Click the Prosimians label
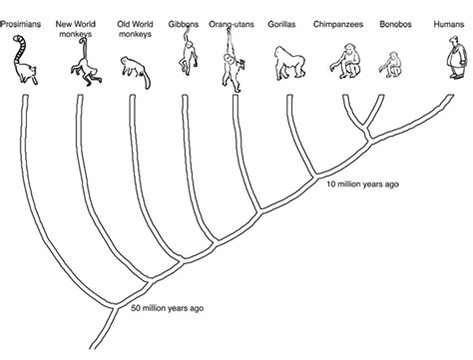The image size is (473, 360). tap(21, 24)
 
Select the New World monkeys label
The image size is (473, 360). tap(76, 29)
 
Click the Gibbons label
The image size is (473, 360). tap(184, 24)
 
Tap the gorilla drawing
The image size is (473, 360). tap(289, 63)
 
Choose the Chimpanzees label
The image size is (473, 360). tap(338, 24)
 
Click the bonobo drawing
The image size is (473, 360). tap(391, 65)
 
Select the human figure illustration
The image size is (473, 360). tap(456, 57)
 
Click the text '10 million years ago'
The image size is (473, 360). tap(362, 184)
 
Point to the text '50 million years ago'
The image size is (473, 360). tap(167, 308)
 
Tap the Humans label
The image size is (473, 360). tap(449, 24)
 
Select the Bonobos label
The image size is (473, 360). tap(395, 24)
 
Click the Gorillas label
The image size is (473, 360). tap(281, 24)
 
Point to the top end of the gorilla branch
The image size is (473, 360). tap(289, 96)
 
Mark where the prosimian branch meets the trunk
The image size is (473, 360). tap(115, 306)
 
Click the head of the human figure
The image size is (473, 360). tap(453, 40)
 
